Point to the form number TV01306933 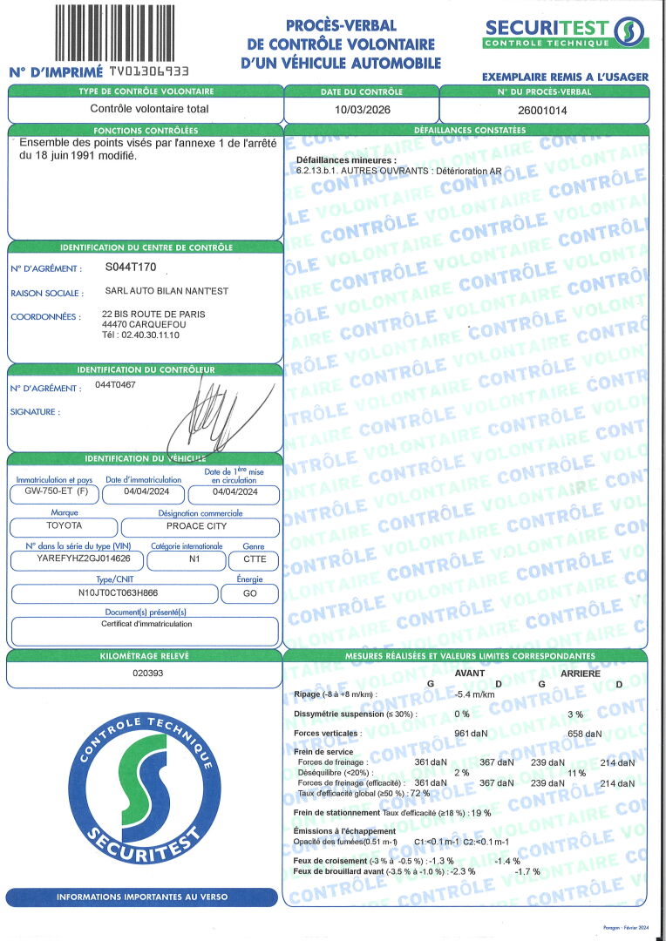(147, 71)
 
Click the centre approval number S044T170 (131, 267)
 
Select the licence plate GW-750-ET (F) (52, 491)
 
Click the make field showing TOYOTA (64, 526)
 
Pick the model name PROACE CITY (199, 526)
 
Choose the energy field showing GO (250, 593)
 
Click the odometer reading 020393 (145, 674)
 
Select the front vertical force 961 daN (472, 733)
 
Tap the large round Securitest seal (142, 789)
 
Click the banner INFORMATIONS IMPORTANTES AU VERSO (141, 897)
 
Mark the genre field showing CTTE (254, 559)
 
